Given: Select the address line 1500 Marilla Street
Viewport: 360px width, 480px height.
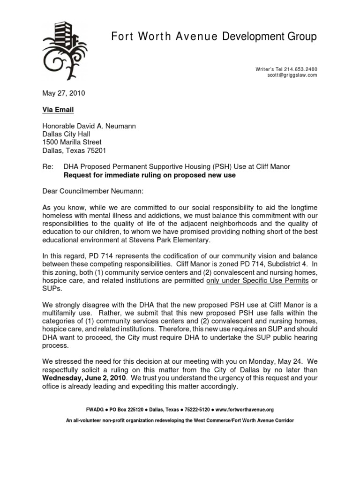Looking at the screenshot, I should (x=72, y=142).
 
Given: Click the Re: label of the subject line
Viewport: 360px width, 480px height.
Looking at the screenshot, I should (x=48, y=167).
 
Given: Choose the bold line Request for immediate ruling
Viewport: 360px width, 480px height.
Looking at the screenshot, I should (x=150, y=175).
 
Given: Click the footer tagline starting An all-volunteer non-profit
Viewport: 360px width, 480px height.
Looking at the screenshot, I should (x=180, y=420).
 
